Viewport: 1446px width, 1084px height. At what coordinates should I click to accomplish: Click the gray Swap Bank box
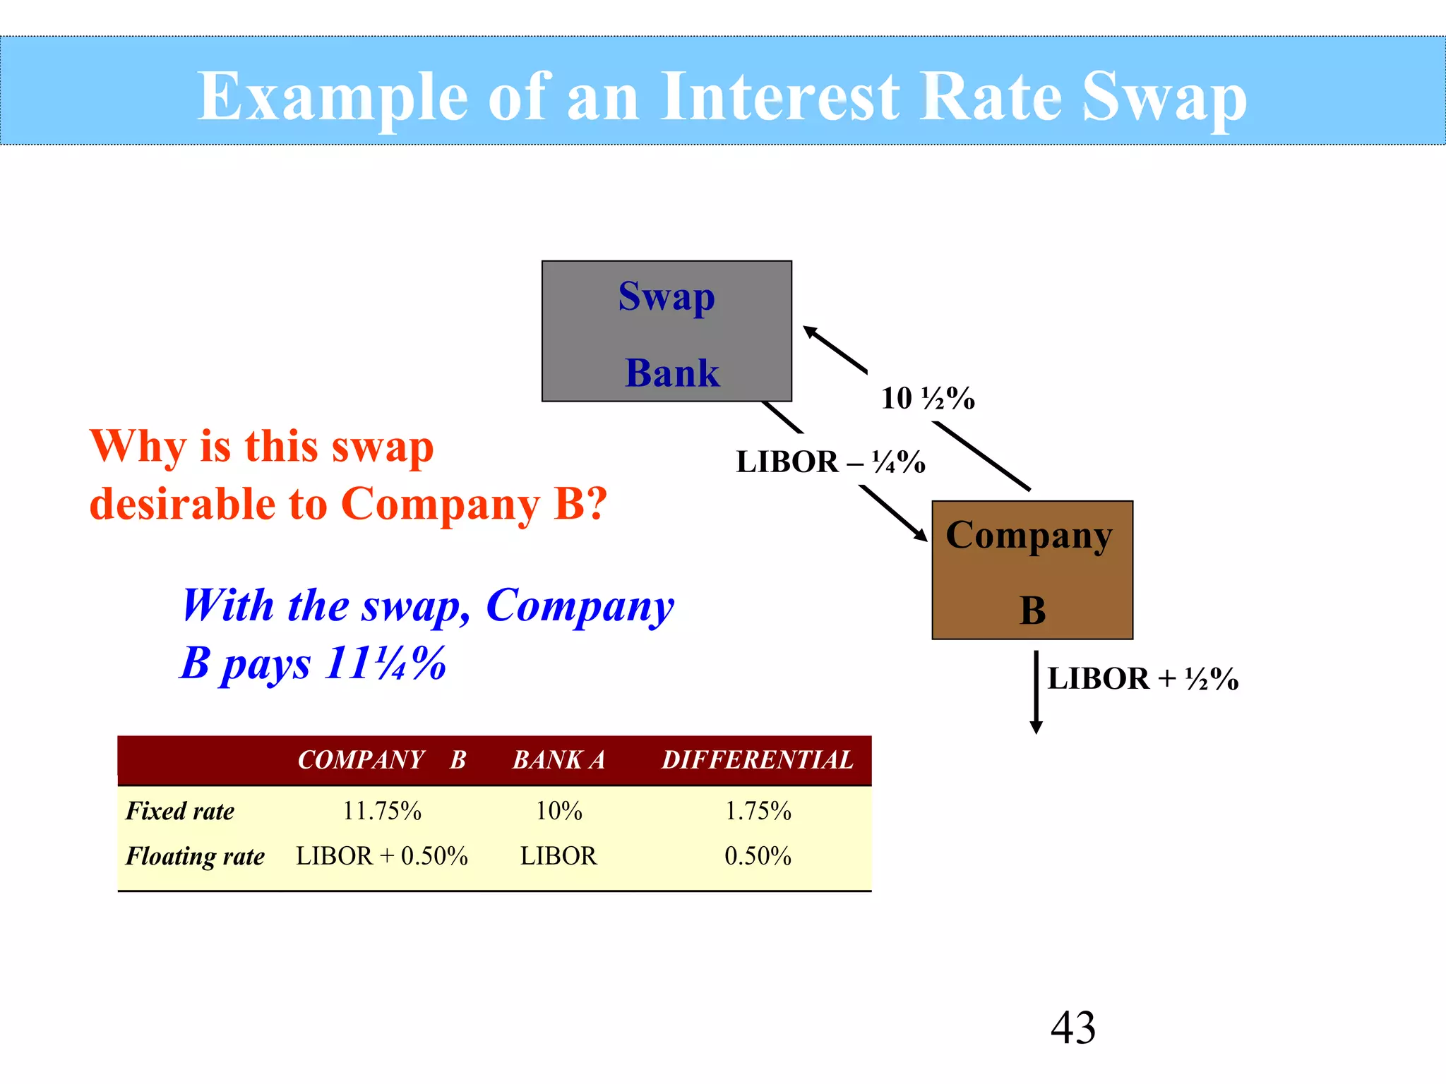(667, 331)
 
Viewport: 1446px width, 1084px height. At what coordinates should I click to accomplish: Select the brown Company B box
(1032, 570)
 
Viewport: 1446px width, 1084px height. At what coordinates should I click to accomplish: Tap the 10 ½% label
(927, 399)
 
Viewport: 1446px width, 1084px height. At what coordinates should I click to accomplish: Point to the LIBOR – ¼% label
(830, 462)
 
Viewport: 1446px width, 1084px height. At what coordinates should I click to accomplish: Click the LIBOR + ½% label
(1142, 679)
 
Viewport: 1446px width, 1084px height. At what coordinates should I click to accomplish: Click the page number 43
(1072, 1028)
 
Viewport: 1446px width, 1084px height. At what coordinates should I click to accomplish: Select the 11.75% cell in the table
(382, 811)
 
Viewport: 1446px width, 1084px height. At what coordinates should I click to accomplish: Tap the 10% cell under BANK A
(558, 811)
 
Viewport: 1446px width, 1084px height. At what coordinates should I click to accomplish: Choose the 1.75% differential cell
(758, 811)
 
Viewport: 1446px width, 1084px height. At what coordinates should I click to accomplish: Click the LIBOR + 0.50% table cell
(382, 856)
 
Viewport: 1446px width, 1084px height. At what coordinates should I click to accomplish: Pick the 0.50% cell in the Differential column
(758, 856)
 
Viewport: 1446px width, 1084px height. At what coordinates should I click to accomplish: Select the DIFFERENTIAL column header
(758, 760)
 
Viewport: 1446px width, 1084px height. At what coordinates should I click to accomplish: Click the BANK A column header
(558, 760)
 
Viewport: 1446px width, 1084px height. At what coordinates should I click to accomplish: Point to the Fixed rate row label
(180, 811)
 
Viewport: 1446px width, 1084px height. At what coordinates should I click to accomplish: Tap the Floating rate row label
(195, 856)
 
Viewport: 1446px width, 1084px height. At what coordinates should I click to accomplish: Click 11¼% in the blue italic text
(386, 663)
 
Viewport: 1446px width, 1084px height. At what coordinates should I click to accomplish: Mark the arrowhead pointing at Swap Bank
(810, 331)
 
